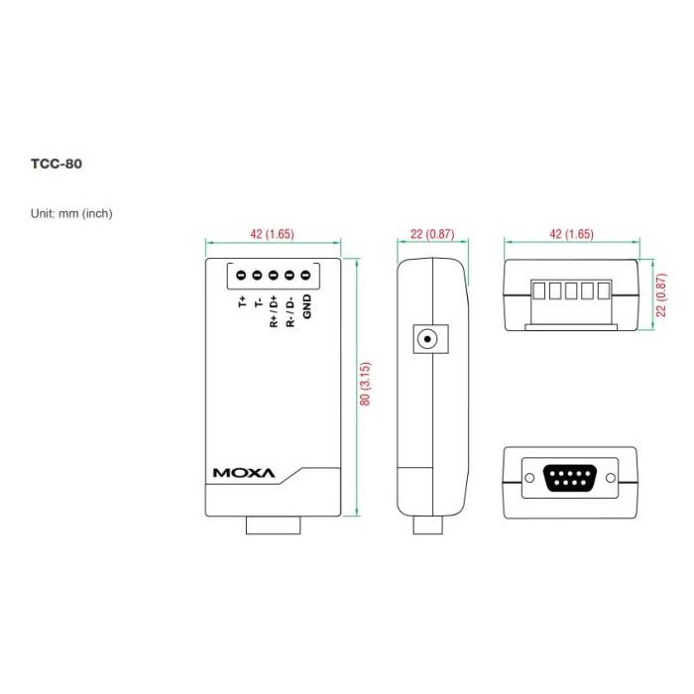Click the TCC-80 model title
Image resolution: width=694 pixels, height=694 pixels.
coord(56,164)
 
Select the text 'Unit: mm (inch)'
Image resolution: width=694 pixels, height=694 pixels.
coord(78,212)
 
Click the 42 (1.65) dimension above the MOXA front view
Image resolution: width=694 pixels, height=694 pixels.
coord(272,234)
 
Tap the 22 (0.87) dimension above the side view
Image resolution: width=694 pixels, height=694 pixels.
coord(431,234)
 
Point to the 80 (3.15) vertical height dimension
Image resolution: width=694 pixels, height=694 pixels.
coord(365,386)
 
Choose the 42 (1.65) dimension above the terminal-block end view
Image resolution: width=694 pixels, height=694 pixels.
coord(570,234)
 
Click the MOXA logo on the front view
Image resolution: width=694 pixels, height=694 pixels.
coord(243,473)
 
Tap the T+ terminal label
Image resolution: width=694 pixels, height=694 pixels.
coord(242,301)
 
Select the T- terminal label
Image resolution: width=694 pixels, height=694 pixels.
coord(258,301)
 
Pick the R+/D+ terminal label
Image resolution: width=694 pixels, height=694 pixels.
coord(274,310)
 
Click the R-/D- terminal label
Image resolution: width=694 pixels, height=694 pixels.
coord(289,310)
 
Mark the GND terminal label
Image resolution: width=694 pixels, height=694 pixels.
coord(306,307)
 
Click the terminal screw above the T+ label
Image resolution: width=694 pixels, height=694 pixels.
coord(242,275)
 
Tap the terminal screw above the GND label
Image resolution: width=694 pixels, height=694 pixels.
coord(305,275)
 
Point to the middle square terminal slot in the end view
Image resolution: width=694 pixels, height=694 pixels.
coord(570,292)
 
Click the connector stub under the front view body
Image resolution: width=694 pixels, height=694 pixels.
coord(274,524)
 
